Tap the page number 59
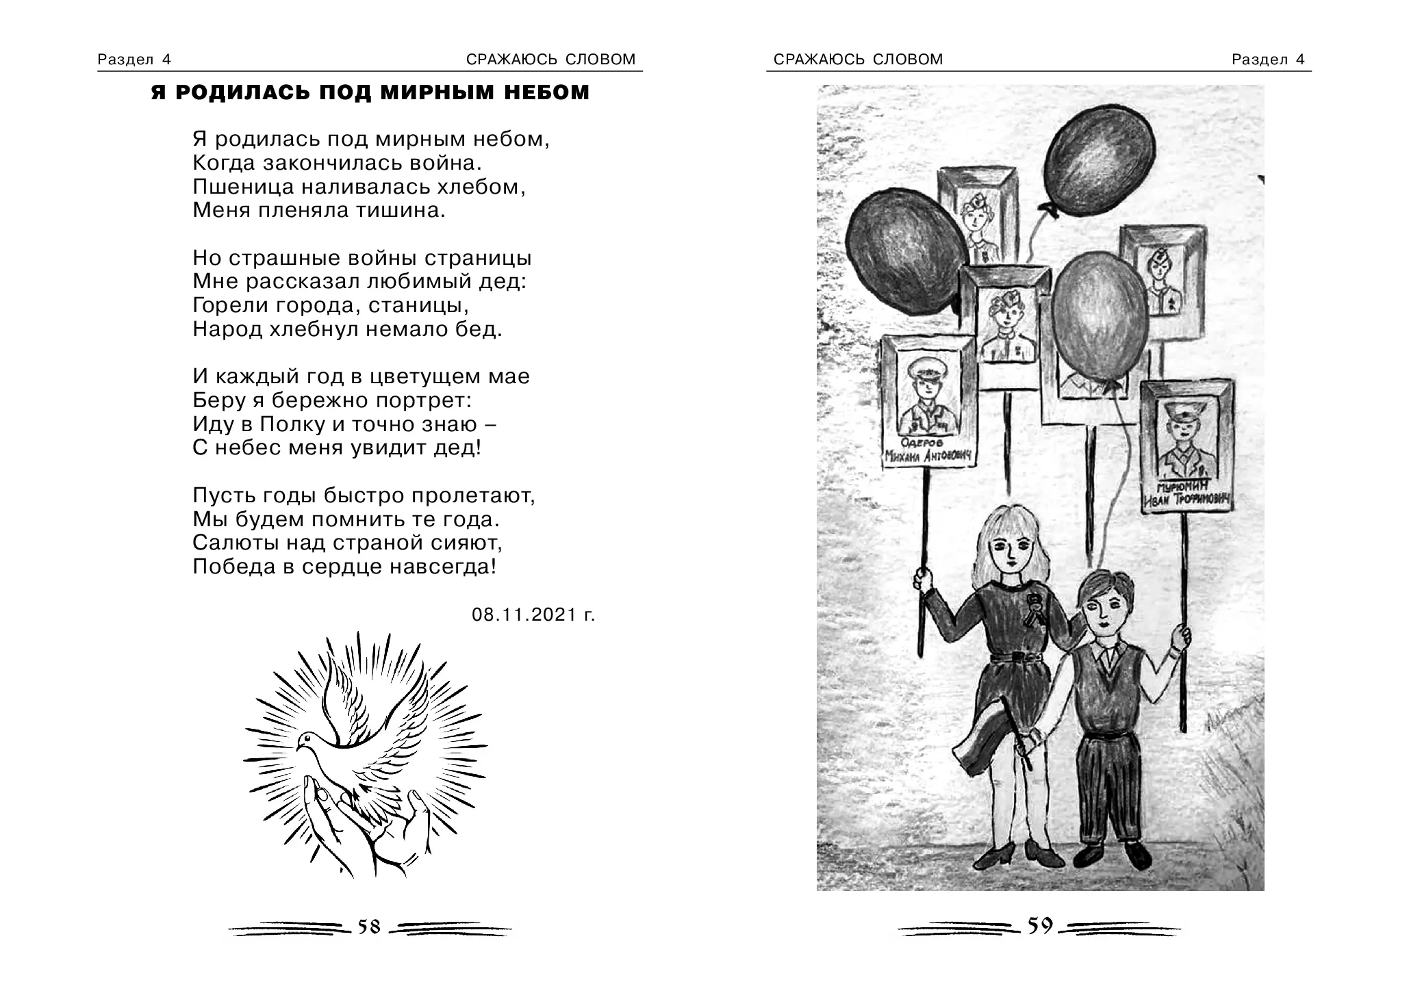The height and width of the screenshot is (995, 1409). (1039, 927)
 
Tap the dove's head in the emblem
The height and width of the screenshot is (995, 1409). (306, 739)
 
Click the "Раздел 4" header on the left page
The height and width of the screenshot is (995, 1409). (134, 60)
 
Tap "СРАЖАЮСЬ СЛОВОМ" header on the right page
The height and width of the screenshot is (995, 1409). (858, 60)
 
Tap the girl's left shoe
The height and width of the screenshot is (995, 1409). (991, 857)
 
